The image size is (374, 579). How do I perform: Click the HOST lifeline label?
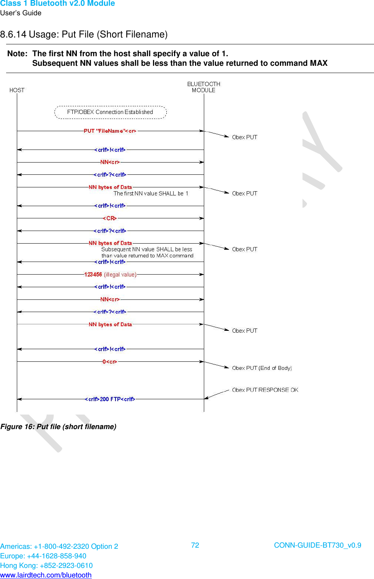(17, 90)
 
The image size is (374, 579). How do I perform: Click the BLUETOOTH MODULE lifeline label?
(203, 87)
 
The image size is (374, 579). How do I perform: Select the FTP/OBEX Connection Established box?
(110, 112)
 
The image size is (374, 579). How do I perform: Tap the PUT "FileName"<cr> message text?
(110, 131)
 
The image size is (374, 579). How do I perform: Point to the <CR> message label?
(110, 218)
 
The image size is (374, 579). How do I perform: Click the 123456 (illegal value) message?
(110, 275)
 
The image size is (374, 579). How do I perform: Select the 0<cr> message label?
(110, 362)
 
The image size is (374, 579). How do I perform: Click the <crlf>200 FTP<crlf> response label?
(110, 399)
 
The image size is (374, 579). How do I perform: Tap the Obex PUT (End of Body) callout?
(262, 368)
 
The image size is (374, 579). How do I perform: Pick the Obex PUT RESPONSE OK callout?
(265, 390)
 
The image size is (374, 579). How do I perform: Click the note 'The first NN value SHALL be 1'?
(151, 194)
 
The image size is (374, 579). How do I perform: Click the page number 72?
(195, 545)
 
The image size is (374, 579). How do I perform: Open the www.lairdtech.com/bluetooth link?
(46, 575)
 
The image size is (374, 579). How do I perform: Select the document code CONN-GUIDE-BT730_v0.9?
(317, 545)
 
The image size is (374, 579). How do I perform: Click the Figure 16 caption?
(59, 427)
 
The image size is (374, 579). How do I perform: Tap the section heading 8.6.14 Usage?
(84, 34)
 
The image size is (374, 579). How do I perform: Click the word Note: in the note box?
(17, 54)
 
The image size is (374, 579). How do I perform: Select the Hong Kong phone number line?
(46, 566)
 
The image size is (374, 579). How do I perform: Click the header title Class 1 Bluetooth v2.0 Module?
(57, 3)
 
